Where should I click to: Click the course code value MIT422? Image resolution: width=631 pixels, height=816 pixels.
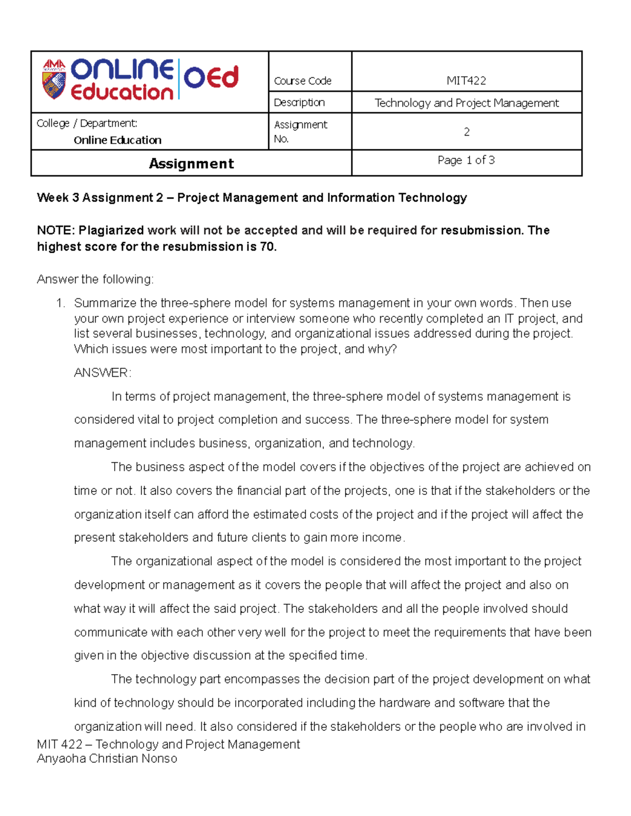466,80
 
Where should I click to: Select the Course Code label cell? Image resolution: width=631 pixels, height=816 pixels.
302,81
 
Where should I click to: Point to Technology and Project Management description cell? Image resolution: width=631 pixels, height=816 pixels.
466,103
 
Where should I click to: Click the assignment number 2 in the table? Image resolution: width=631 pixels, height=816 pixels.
466,132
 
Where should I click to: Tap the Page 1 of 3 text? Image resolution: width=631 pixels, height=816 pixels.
466,160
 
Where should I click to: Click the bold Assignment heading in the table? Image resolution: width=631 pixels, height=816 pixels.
191,163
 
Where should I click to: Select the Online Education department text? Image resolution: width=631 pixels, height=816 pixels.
117,140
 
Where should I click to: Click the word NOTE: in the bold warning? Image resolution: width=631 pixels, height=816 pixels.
56,230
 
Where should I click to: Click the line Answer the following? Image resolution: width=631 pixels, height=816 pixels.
95,280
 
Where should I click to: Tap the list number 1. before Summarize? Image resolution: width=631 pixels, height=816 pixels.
61,303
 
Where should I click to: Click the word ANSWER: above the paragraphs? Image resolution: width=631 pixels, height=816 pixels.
103,373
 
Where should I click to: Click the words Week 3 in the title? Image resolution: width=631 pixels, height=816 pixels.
58,198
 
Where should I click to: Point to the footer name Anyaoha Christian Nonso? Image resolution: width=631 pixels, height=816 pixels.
107,758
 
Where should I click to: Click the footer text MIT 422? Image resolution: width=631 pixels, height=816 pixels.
59,744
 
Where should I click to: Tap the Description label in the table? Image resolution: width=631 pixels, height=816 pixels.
299,102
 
